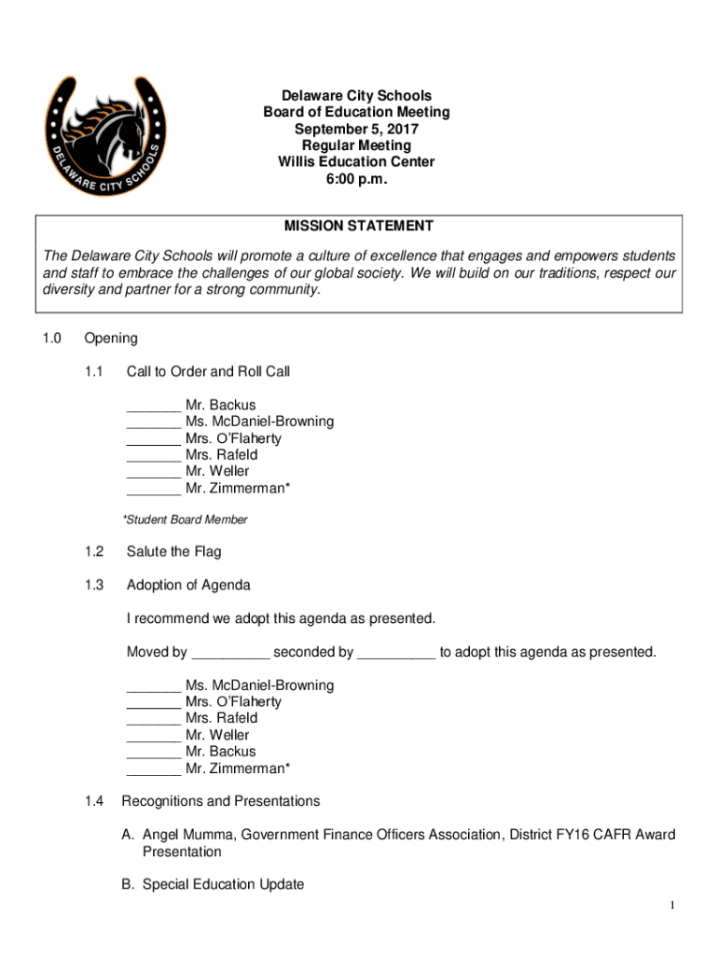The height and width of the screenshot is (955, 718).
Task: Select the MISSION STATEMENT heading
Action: tap(359, 226)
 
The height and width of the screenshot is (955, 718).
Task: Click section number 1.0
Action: tap(51, 339)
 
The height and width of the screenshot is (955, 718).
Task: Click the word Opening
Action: tap(110, 339)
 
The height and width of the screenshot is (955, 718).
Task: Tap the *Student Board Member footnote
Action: tap(185, 519)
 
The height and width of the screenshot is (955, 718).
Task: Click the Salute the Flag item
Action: tap(173, 552)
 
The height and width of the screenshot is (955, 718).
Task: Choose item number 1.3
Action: tap(93, 586)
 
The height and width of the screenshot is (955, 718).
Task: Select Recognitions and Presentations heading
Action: tap(221, 802)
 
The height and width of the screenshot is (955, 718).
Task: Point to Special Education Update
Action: tap(223, 885)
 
